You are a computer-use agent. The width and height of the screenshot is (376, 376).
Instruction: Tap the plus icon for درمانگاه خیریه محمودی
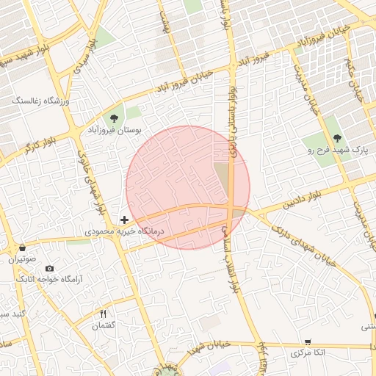tap(125, 219)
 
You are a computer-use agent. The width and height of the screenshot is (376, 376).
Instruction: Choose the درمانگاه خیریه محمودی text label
tap(126, 231)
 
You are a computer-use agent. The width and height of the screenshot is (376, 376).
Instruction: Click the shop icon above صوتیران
tap(23, 247)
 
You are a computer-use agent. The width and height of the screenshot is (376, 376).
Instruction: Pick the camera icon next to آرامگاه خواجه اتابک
tap(49, 269)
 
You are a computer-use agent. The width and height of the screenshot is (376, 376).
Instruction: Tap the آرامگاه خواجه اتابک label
tap(48, 280)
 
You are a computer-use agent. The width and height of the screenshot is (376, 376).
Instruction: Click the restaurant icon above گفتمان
tap(104, 314)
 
